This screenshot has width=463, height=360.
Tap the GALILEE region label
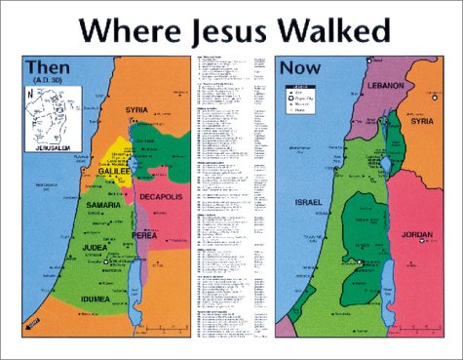point(114,171)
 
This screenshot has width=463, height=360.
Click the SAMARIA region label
point(98,206)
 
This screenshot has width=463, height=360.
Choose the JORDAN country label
point(418,235)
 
